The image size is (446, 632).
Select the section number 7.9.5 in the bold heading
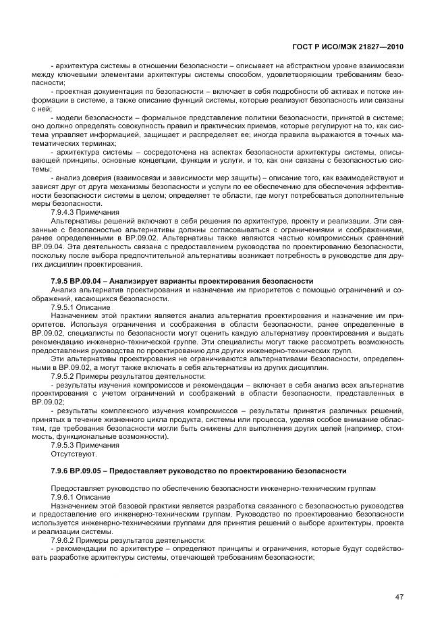click(61, 280)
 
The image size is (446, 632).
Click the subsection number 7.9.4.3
click(65, 212)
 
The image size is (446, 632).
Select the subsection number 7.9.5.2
click(65, 375)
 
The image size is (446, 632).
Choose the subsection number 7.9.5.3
click(65, 445)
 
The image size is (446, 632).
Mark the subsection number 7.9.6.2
click(65, 539)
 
